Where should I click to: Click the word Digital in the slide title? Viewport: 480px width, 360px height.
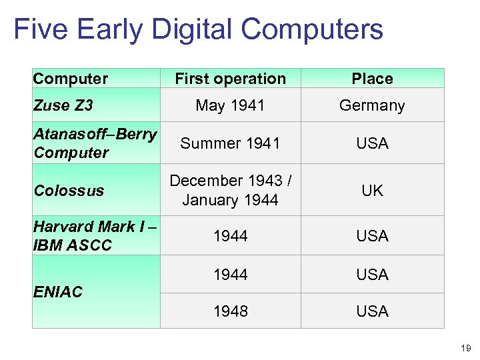click(193, 30)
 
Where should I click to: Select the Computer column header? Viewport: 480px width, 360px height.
click(70, 79)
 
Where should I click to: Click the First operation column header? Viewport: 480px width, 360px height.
click(230, 79)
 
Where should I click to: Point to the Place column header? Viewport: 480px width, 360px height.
click(372, 79)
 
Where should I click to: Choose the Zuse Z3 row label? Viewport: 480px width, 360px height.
click(63, 105)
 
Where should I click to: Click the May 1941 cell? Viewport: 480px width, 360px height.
click(230, 105)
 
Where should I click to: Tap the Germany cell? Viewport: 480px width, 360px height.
click(372, 105)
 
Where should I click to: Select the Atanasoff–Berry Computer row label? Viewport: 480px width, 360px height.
click(94, 143)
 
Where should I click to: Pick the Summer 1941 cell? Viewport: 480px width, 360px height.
click(230, 143)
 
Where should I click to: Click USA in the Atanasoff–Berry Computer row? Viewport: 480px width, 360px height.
click(372, 143)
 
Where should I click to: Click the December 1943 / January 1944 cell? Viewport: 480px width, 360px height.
click(230, 190)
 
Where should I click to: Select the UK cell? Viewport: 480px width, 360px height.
click(372, 190)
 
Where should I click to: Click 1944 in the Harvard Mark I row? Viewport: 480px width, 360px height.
click(230, 235)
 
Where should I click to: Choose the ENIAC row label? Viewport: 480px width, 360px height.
click(57, 291)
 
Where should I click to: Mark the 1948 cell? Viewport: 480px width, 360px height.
click(230, 311)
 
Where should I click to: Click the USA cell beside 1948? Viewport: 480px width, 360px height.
click(372, 311)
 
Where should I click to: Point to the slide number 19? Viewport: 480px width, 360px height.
click(465, 347)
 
